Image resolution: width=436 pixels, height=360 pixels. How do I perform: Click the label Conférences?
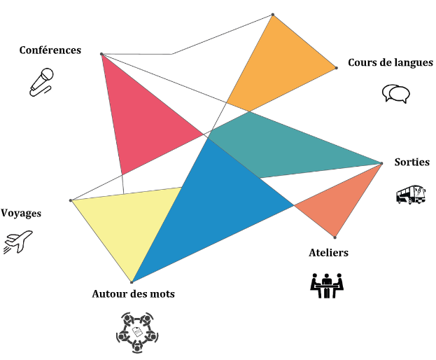click(x=50, y=50)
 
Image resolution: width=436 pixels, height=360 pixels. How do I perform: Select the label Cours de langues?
click(x=391, y=62)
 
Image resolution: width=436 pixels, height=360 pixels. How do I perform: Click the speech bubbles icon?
click(x=395, y=94)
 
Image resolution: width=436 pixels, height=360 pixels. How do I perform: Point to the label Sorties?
click(x=412, y=162)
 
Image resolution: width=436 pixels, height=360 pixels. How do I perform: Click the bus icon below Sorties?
click(x=410, y=194)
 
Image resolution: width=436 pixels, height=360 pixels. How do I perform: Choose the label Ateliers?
click(x=328, y=252)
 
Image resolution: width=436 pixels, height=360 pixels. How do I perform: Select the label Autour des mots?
click(x=134, y=293)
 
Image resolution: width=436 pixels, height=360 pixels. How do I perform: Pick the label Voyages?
click(x=21, y=213)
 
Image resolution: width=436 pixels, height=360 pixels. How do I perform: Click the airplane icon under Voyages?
click(x=18, y=242)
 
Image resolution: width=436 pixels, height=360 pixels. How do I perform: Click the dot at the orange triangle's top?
click(x=273, y=14)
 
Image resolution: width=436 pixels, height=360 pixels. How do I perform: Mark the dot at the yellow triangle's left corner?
click(x=71, y=201)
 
